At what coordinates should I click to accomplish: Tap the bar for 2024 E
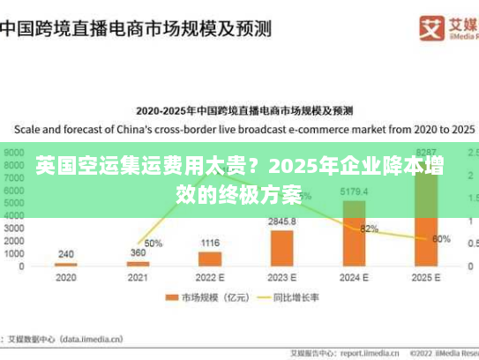354,233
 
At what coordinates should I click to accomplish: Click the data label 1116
210,243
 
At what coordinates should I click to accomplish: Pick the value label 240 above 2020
66,254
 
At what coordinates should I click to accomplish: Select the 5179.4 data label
354,191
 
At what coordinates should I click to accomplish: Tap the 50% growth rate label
153,243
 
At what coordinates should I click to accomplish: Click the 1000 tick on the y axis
16,253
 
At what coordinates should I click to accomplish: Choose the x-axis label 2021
138,277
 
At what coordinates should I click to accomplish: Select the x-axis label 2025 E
425,277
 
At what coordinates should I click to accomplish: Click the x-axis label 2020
66,277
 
